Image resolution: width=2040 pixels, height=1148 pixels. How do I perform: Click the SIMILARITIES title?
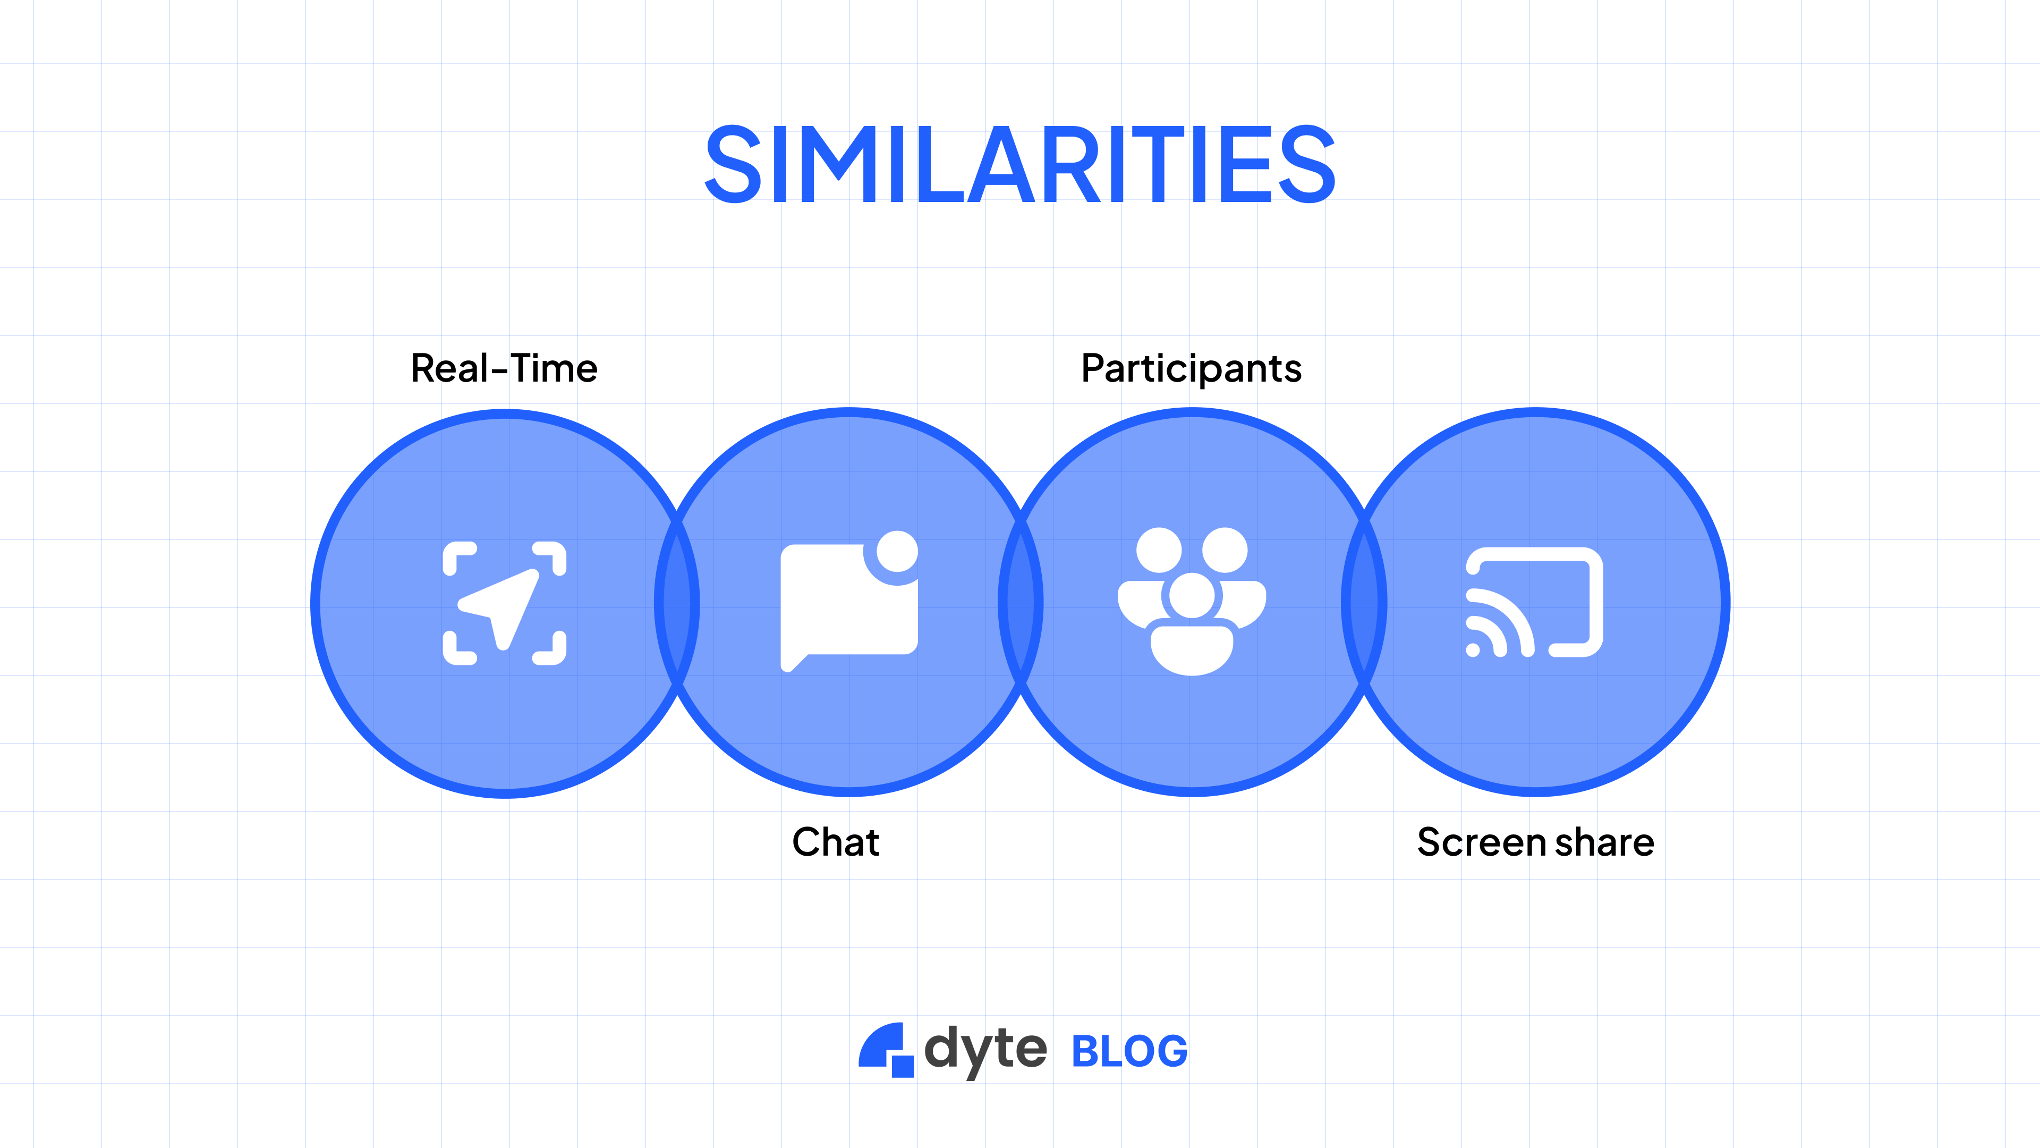point(1020,164)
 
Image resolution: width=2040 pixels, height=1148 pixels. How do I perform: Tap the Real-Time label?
point(504,368)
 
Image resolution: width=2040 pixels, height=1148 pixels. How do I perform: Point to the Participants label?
point(1191,368)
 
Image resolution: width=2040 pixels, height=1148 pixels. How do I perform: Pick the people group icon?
point(1192,602)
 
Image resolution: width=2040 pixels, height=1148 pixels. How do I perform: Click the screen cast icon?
point(1535,602)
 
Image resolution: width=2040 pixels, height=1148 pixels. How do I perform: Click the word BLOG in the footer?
point(1129,1051)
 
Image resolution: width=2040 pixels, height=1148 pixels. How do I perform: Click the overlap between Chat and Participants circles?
point(1021,603)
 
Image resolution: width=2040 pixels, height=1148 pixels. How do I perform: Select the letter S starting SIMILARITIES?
point(733,164)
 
